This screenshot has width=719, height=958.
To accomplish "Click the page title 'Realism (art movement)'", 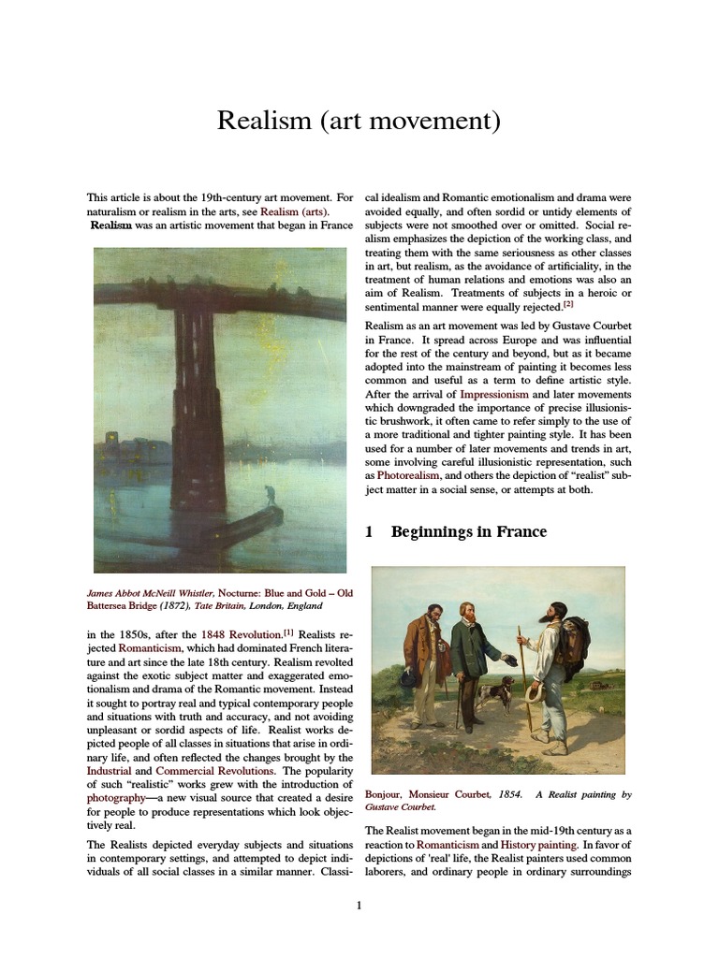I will coord(359,121).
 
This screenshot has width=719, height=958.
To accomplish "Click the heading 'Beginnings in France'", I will coord(468,532).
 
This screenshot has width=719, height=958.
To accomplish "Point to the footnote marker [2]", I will coord(568,304).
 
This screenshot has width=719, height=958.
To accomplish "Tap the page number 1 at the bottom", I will coord(359,905).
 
